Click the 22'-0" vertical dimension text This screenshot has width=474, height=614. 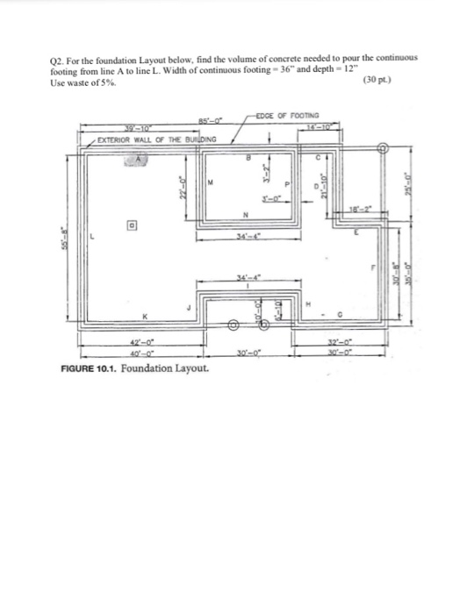click(x=176, y=186)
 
